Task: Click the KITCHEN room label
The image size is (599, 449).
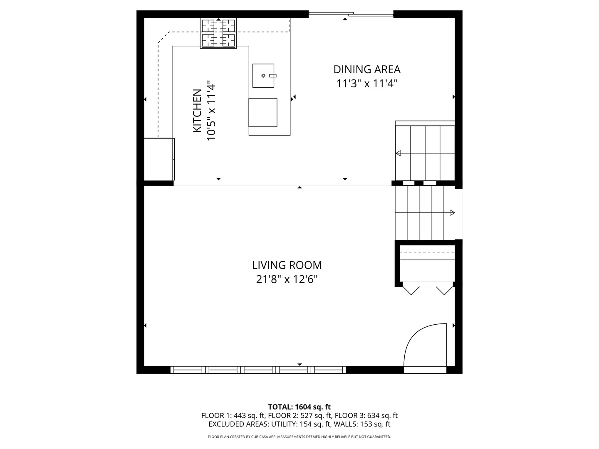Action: pos(197,111)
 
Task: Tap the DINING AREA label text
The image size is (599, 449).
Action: pos(367,69)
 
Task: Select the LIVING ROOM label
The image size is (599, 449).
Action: pos(287,265)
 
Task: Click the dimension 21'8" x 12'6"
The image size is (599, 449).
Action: pos(287,279)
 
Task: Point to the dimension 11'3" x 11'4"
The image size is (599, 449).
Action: pos(367,84)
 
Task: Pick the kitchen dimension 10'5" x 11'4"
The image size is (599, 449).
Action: pos(211,111)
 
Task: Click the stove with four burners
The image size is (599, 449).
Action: pos(218,33)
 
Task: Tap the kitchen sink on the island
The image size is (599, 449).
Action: pos(263,76)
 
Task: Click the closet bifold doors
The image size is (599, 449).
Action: pos(427,289)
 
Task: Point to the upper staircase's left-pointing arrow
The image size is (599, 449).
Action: pos(399,153)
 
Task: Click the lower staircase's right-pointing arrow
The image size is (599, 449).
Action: pos(452,213)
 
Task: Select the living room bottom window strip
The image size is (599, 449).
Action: pos(258,370)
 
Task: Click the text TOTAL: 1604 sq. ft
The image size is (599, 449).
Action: pos(299,407)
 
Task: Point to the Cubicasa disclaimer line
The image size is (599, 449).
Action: pos(299,437)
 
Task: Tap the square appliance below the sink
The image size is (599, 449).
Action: pos(263,113)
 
